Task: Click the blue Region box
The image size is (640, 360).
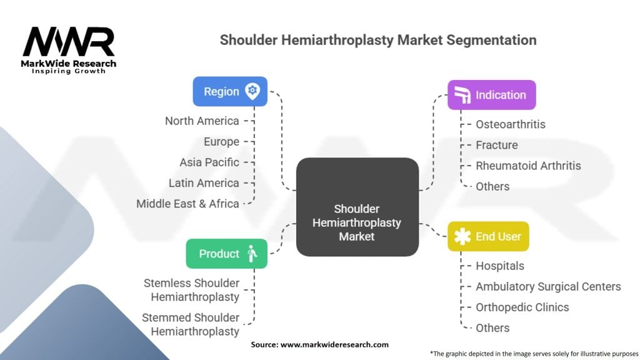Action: (x=230, y=91)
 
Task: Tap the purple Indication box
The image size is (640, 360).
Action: (x=491, y=95)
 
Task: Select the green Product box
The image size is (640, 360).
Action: (x=226, y=254)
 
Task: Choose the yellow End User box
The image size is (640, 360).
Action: (x=488, y=236)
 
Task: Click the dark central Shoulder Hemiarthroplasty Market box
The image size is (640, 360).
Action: (x=357, y=207)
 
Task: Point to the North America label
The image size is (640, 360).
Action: (x=202, y=121)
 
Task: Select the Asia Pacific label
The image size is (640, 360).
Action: (x=209, y=162)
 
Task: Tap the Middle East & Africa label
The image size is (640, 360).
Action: (x=187, y=204)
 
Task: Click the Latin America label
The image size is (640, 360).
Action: (x=204, y=183)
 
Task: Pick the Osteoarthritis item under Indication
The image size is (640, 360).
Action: (x=511, y=124)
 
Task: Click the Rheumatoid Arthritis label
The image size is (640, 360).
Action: (x=528, y=166)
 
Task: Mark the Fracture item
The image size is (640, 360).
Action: (x=497, y=145)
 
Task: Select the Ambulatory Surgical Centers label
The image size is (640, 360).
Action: (x=548, y=286)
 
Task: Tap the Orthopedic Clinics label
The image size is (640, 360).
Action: (x=522, y=307)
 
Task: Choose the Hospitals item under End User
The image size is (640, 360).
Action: (x=500, y=266)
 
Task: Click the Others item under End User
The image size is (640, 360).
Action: (x=492, y=327)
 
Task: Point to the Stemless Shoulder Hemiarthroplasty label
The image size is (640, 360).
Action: (x=191, y=290)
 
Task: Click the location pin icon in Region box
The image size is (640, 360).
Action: (x=252, y=91)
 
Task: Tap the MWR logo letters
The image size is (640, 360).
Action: (x=69, y=41)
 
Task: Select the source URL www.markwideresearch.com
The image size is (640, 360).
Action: (x=335, y=344)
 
